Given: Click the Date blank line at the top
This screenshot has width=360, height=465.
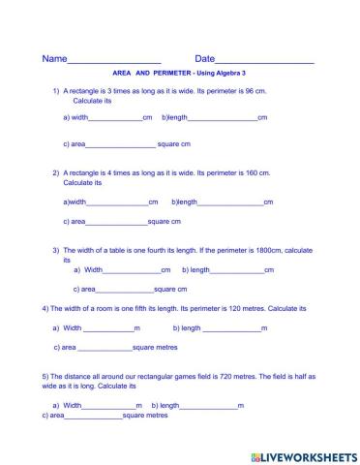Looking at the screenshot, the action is click(x=265, y=61).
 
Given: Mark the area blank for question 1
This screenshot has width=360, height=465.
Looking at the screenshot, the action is click(x=121, y=145).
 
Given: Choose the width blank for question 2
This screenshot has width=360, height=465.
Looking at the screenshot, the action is click(x=117, y=202).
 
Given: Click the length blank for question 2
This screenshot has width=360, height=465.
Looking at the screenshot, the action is click(x=230, y=202).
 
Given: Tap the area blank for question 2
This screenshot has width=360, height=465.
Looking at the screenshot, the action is click(x=117, y=222).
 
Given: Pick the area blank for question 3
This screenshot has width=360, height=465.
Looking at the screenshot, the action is click(x=125, y=290).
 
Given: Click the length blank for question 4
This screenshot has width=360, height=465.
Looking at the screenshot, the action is click(x=231, y=328).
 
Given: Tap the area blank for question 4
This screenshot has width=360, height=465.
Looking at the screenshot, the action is click(x=105, y=347).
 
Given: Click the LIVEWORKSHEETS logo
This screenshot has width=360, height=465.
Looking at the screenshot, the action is click(x=304, y=455).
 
